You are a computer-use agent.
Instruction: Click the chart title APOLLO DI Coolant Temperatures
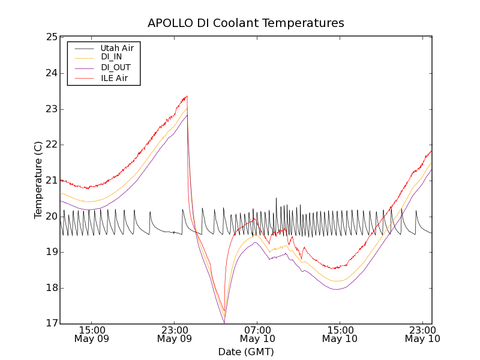coord(246,23)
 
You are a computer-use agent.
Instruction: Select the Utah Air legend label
coord(117,47)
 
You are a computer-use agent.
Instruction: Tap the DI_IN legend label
coord(112,57)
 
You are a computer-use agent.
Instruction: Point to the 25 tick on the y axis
coord(50,37)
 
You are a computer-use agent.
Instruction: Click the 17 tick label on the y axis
coord(50,324)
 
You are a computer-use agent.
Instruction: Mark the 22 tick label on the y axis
coord(50,145)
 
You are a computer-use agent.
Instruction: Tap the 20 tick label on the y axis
coord(50,216)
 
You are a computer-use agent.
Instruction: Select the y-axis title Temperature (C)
coord(38,180)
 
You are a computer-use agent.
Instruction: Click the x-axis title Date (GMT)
coord(246,352)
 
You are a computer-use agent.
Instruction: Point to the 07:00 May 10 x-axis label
coord(257,334)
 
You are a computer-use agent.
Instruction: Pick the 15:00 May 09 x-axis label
coord(92,334)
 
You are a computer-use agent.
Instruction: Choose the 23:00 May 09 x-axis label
coord(175,334)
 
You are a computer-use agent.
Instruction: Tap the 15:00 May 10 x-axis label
coord(340,334)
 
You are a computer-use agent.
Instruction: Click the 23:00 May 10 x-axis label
coord(422,334)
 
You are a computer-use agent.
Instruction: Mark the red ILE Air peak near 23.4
coord(187,96)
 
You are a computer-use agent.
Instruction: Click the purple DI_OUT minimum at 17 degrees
coord(224,323)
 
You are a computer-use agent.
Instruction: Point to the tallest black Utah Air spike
coord(277,198)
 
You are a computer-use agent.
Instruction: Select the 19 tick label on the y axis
coord(50,252)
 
